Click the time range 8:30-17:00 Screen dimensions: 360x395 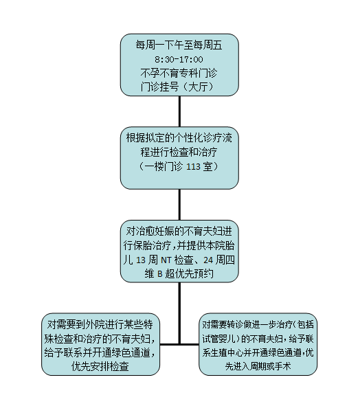tap(179, 60)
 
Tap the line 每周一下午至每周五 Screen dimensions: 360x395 tap(179, 45)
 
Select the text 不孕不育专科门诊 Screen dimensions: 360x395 tap(179, 74)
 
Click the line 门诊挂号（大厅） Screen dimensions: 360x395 tap(178, 87)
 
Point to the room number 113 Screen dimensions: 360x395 tap(193, 166)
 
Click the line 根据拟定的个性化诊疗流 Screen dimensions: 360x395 tap(179, 138)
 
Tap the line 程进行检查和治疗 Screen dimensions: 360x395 tap(179, 152)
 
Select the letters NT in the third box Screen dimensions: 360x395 tap(166, 260)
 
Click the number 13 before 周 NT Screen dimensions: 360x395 tap(141, 260)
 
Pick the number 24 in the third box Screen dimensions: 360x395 tap(208, 260)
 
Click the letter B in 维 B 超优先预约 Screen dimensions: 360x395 tap(159, 274)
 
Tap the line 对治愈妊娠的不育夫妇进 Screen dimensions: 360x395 tap(179, 231)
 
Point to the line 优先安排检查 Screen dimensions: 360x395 tap(100, 366)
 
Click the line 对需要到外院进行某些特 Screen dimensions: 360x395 tap(100, 324)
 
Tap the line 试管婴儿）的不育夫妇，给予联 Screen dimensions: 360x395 tap(258, 338)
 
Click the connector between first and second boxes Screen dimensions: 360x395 tap(179, 111)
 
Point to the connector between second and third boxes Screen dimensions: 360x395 tap(179, 205)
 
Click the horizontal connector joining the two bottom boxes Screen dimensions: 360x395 tap(179, 344)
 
